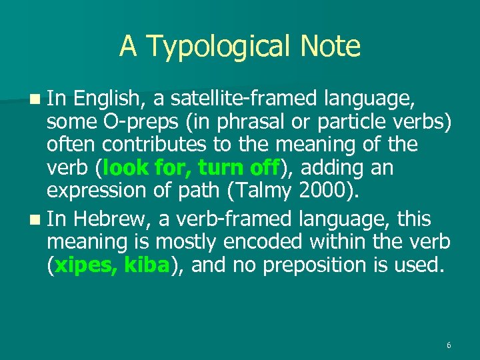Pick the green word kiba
tap(145, 265)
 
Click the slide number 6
tap(449, 345)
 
